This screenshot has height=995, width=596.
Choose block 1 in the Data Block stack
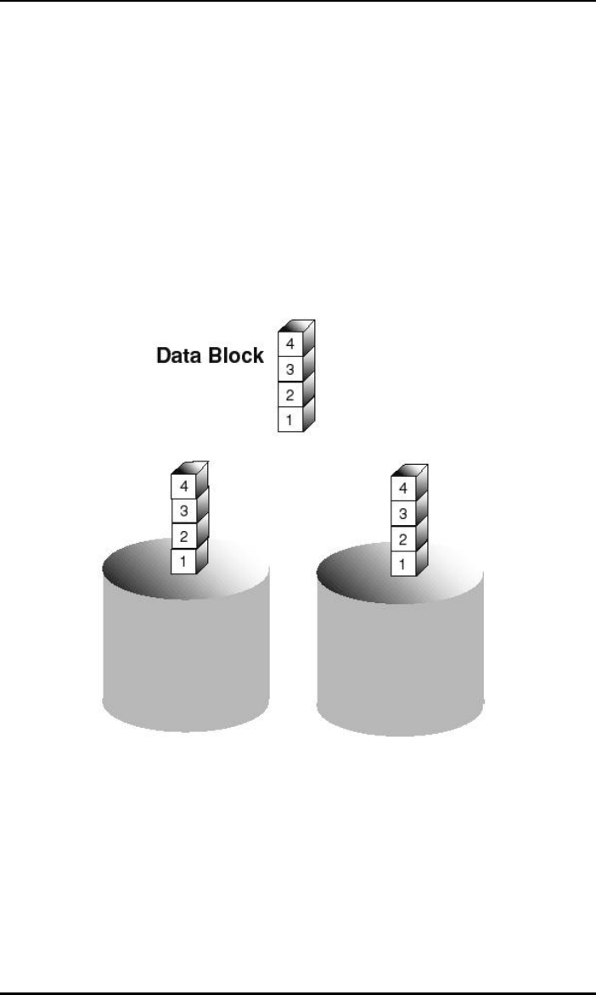pyautogui.click(x=290, y=419)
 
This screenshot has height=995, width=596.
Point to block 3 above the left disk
pyautogui.click(x=183, y=513)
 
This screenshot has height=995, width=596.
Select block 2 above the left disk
pyautogui.click(x=183, y=538)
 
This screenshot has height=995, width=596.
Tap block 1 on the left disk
pyautogui.click(x=183, y=562)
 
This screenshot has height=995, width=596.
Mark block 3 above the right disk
pyautogui.click(x=402, y=514)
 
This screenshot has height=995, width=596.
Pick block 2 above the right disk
pyautogui.click(x=402, y=539)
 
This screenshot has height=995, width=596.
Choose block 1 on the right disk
pyautogui.click(x=402, y=562)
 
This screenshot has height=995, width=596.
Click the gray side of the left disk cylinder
pyautogui.click(x=186, y=653)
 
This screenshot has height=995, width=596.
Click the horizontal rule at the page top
pyautogui.click(x=298, y=2)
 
